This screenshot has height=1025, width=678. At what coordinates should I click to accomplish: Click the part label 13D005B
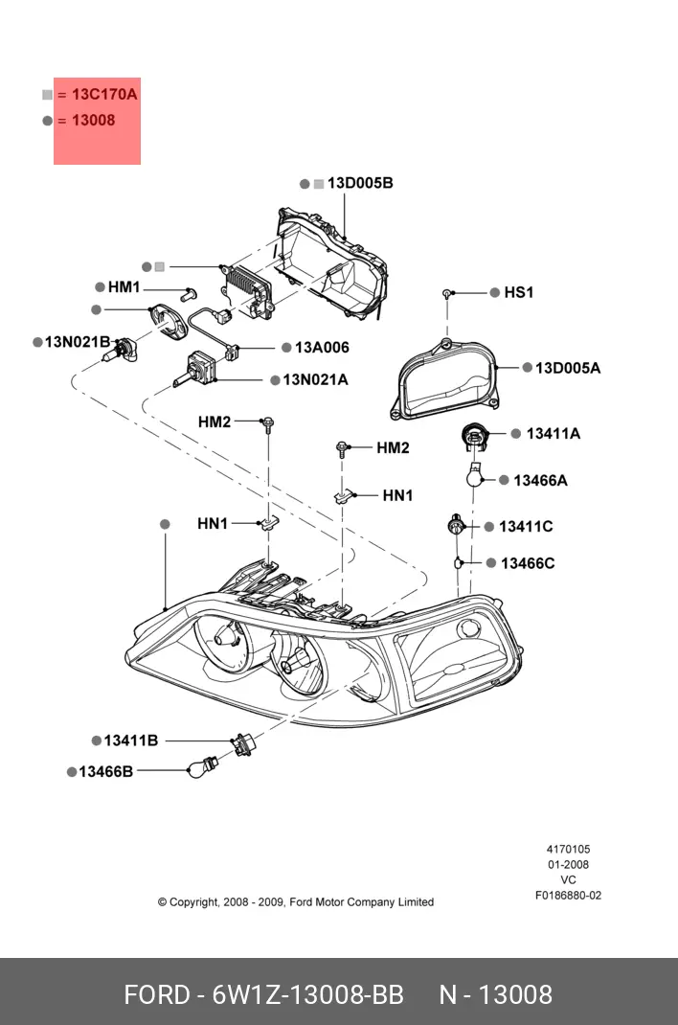click(x=360, y=183)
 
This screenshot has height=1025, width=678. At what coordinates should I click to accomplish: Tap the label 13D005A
click(x=567, y=367)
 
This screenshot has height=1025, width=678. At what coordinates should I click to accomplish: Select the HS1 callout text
click(x=518, y=292)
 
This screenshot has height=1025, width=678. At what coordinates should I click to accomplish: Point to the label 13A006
click(x=322, y=348)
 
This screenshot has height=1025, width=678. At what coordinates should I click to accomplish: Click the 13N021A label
click(x=315, y=380)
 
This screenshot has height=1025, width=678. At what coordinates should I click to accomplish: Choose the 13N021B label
click(x=78, y=342)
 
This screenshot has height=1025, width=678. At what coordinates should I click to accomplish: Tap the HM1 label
click(x=124, y=287)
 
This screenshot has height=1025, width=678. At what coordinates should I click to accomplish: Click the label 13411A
click(x=553, y=434)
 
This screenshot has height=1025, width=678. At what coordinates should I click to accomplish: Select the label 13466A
click(x=540, y=480)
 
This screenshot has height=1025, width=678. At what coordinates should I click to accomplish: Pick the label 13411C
click(x=526, y=527)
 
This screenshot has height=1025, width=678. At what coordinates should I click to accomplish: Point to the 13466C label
click(x=527, y=563)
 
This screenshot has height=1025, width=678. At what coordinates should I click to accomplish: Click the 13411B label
click(x=131, y=740)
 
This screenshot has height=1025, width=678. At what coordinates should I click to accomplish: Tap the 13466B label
click(x=105, y=771)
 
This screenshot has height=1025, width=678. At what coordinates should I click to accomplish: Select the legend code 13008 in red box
click(x=93, y=121)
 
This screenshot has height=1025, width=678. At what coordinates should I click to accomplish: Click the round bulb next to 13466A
click(x=472, y=474)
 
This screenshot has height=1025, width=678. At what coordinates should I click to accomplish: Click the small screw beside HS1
click(x=447, y=293)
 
